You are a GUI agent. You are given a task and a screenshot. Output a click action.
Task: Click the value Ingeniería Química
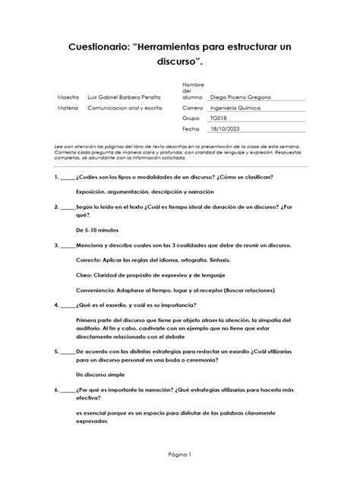pos(237,109)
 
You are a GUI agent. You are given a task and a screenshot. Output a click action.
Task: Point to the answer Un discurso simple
pos(106,375)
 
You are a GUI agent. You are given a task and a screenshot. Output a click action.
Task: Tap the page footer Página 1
pos(180,454)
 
